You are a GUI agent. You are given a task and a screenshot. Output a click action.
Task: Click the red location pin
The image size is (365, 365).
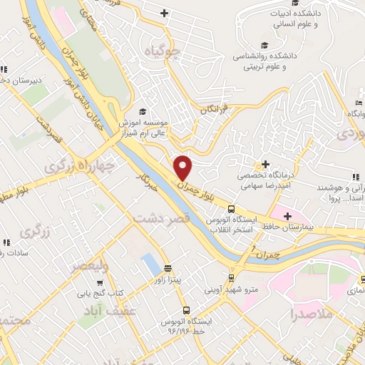(184, 168)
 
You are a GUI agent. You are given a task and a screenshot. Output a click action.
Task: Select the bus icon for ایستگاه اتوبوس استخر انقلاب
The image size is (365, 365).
(231, 210)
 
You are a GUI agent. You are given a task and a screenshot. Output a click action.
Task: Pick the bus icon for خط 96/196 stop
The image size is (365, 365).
(186, 310)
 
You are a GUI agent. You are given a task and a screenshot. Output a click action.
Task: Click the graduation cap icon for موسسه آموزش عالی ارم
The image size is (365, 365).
(142, 111)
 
